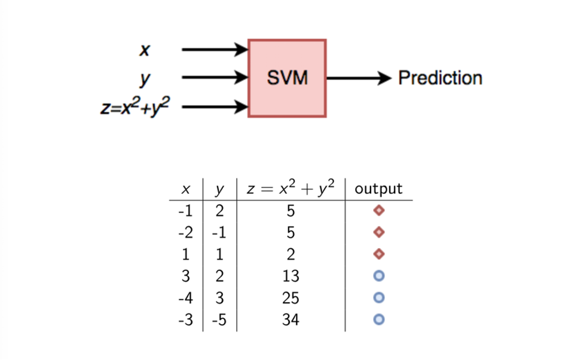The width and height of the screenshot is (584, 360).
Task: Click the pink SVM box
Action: (x=287, y=78)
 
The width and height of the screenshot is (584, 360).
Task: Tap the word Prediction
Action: (x=440, y=78)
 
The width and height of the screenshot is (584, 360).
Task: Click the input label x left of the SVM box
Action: (x=145, y=50)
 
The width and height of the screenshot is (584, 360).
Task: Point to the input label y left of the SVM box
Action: (x=145, y=79)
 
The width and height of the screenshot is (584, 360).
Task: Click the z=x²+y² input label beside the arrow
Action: (x=135, y=106)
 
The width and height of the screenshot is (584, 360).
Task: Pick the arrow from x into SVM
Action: (x=215, y=49)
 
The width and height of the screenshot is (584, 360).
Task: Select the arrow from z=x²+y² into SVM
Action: (x=215, y=107)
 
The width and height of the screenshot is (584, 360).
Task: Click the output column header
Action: (x=378, y=188)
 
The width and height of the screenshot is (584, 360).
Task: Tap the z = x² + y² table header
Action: (x=291, y=188)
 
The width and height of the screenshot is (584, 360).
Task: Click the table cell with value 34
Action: (x=291, y=320)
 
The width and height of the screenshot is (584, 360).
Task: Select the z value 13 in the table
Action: (x=291, y=276)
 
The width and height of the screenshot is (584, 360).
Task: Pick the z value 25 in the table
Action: (x=291, y=298)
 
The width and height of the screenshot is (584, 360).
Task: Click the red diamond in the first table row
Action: (x=379, y=210)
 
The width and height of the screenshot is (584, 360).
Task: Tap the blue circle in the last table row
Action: (x=379, y=319)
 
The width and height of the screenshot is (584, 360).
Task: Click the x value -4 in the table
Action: (x=185, y=298)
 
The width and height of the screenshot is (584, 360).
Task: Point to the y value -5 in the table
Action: (x=219, y=320)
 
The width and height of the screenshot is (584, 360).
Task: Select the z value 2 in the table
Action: (x=291, y=255)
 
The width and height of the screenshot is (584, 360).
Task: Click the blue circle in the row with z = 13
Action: (x=379, y=276)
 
